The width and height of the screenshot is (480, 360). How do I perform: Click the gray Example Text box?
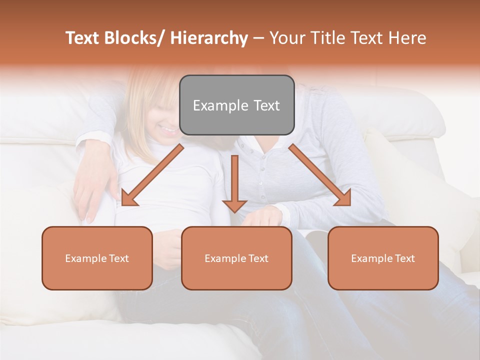[236, 105]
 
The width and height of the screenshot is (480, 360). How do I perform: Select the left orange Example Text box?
[97, 258]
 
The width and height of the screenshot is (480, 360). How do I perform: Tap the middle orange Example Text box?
[236, 258]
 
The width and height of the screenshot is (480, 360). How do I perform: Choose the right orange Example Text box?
[383, 258]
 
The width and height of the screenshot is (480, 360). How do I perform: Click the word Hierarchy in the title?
[209, 38]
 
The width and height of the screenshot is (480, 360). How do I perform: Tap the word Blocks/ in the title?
[135, 38]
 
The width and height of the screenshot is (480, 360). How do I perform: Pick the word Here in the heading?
[408, 38]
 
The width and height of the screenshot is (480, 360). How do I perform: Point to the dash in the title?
[258, 38]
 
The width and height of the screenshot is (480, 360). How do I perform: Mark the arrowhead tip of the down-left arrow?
[121, 205]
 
